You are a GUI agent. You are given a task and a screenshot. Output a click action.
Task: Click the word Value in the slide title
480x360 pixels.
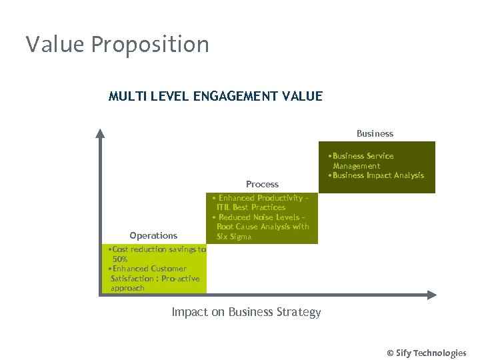coord(56,45)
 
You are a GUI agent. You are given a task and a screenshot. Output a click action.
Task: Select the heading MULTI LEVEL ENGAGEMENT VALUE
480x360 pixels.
coord(215,97)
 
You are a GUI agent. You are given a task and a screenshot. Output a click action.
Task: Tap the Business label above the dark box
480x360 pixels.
coord(375,134)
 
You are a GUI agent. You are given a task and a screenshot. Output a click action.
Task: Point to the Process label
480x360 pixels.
coord(262,184)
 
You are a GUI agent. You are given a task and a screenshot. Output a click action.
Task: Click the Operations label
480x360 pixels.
coord(153,235)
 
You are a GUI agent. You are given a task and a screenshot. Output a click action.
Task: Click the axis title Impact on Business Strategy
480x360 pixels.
coord(246,312)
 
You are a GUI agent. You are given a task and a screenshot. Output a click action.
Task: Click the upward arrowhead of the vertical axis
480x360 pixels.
coord(100,133)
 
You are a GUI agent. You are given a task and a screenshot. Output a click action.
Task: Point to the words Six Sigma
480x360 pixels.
coord(234,237)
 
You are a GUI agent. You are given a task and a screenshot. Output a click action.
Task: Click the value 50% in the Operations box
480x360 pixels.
coord(120,259)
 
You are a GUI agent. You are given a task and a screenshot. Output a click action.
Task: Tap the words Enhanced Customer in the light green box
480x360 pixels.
coord(149,269)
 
